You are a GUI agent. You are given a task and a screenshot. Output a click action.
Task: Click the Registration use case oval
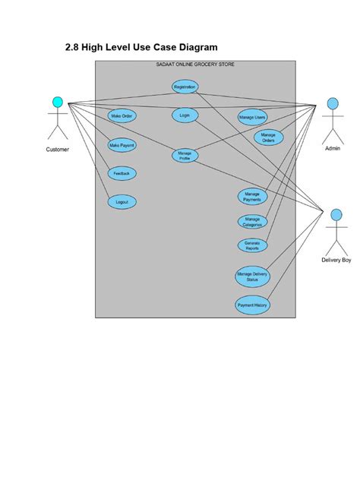(185, 87)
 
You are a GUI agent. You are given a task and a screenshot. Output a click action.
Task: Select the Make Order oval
(122, 116)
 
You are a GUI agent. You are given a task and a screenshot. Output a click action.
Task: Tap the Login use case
(185, 115)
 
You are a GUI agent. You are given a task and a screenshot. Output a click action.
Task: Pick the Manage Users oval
(252, 117)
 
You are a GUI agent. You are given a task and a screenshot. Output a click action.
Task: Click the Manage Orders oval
(268, 137)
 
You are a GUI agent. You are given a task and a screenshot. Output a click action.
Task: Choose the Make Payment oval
(122, 144)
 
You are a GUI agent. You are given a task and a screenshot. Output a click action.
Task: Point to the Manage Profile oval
(185, 156)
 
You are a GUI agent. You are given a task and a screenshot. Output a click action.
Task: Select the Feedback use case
(122, 173)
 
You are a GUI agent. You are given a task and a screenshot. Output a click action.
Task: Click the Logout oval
(122, 202)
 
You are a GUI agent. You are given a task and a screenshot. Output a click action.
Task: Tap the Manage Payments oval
(252, 197)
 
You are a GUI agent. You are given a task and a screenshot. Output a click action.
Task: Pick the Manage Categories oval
(252, 222)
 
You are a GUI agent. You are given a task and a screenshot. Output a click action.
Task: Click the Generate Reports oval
(252, 245)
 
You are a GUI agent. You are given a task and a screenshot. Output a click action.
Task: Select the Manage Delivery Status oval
(252, 276)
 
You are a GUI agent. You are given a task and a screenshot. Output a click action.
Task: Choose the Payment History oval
(252, 305)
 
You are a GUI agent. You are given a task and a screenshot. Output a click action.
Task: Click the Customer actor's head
(57, 102)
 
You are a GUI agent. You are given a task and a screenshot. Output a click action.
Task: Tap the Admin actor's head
(332, 103)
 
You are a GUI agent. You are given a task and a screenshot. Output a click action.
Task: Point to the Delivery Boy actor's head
(335, 215)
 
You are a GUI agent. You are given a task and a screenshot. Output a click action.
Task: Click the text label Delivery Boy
(336, 261)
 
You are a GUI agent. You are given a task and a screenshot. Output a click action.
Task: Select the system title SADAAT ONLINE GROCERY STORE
(194, 65)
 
